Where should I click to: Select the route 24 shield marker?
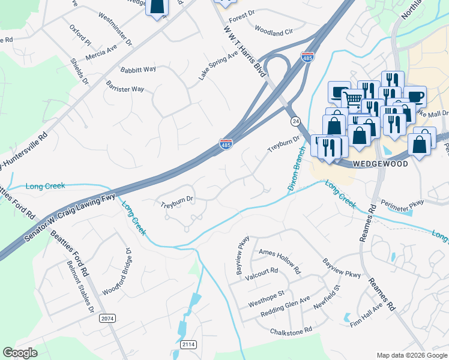point(295,121)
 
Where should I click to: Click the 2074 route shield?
point(107,319)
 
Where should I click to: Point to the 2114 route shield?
point(188,344)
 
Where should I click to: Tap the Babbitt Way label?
point(138,69)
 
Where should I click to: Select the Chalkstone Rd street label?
point(291,330)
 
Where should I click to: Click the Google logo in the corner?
point(20,353)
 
